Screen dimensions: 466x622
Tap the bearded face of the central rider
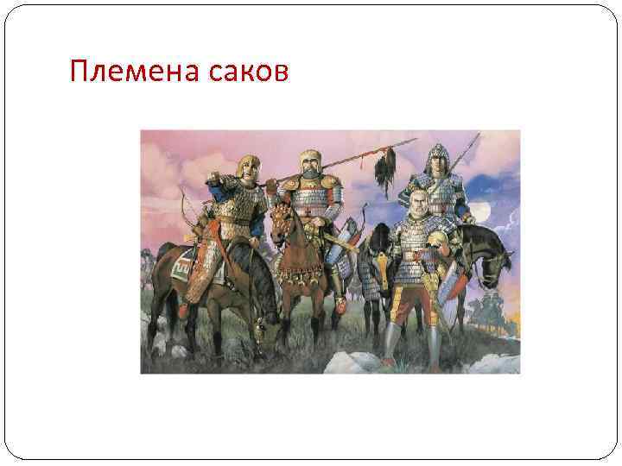[310, 168]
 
